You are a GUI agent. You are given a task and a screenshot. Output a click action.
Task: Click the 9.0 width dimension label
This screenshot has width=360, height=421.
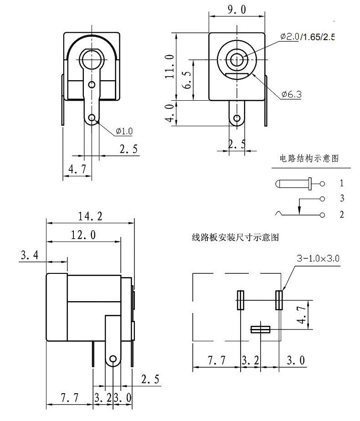click(237, 10)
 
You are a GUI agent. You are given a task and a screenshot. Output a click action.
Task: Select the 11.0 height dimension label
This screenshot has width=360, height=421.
click(170, 67)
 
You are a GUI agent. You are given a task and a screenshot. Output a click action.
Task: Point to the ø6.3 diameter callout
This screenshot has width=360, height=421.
click(291, 94)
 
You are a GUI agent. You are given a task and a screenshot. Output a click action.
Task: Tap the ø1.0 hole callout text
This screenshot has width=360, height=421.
click(124, 131)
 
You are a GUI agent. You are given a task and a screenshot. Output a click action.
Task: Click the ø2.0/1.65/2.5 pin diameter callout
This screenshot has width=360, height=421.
click(308, 36)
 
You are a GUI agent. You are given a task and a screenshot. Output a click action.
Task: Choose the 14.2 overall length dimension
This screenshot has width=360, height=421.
click(90, 216)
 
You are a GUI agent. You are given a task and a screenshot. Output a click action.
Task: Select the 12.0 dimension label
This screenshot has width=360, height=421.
click(83, 235)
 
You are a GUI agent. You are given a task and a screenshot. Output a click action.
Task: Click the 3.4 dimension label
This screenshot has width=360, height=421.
click(30, 255)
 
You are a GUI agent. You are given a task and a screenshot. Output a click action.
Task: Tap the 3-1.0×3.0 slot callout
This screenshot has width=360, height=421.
click(318, 258)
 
